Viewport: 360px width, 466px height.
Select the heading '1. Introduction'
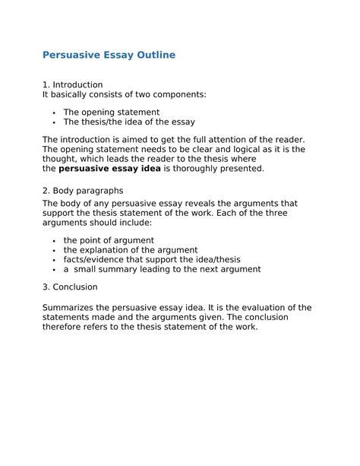point(72,84)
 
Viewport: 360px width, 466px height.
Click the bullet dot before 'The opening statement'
point(55,112)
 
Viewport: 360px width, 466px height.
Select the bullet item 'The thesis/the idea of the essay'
point(129,122)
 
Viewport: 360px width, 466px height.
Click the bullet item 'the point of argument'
point(109,240)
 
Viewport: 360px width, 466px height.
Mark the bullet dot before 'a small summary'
point(55,270)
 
